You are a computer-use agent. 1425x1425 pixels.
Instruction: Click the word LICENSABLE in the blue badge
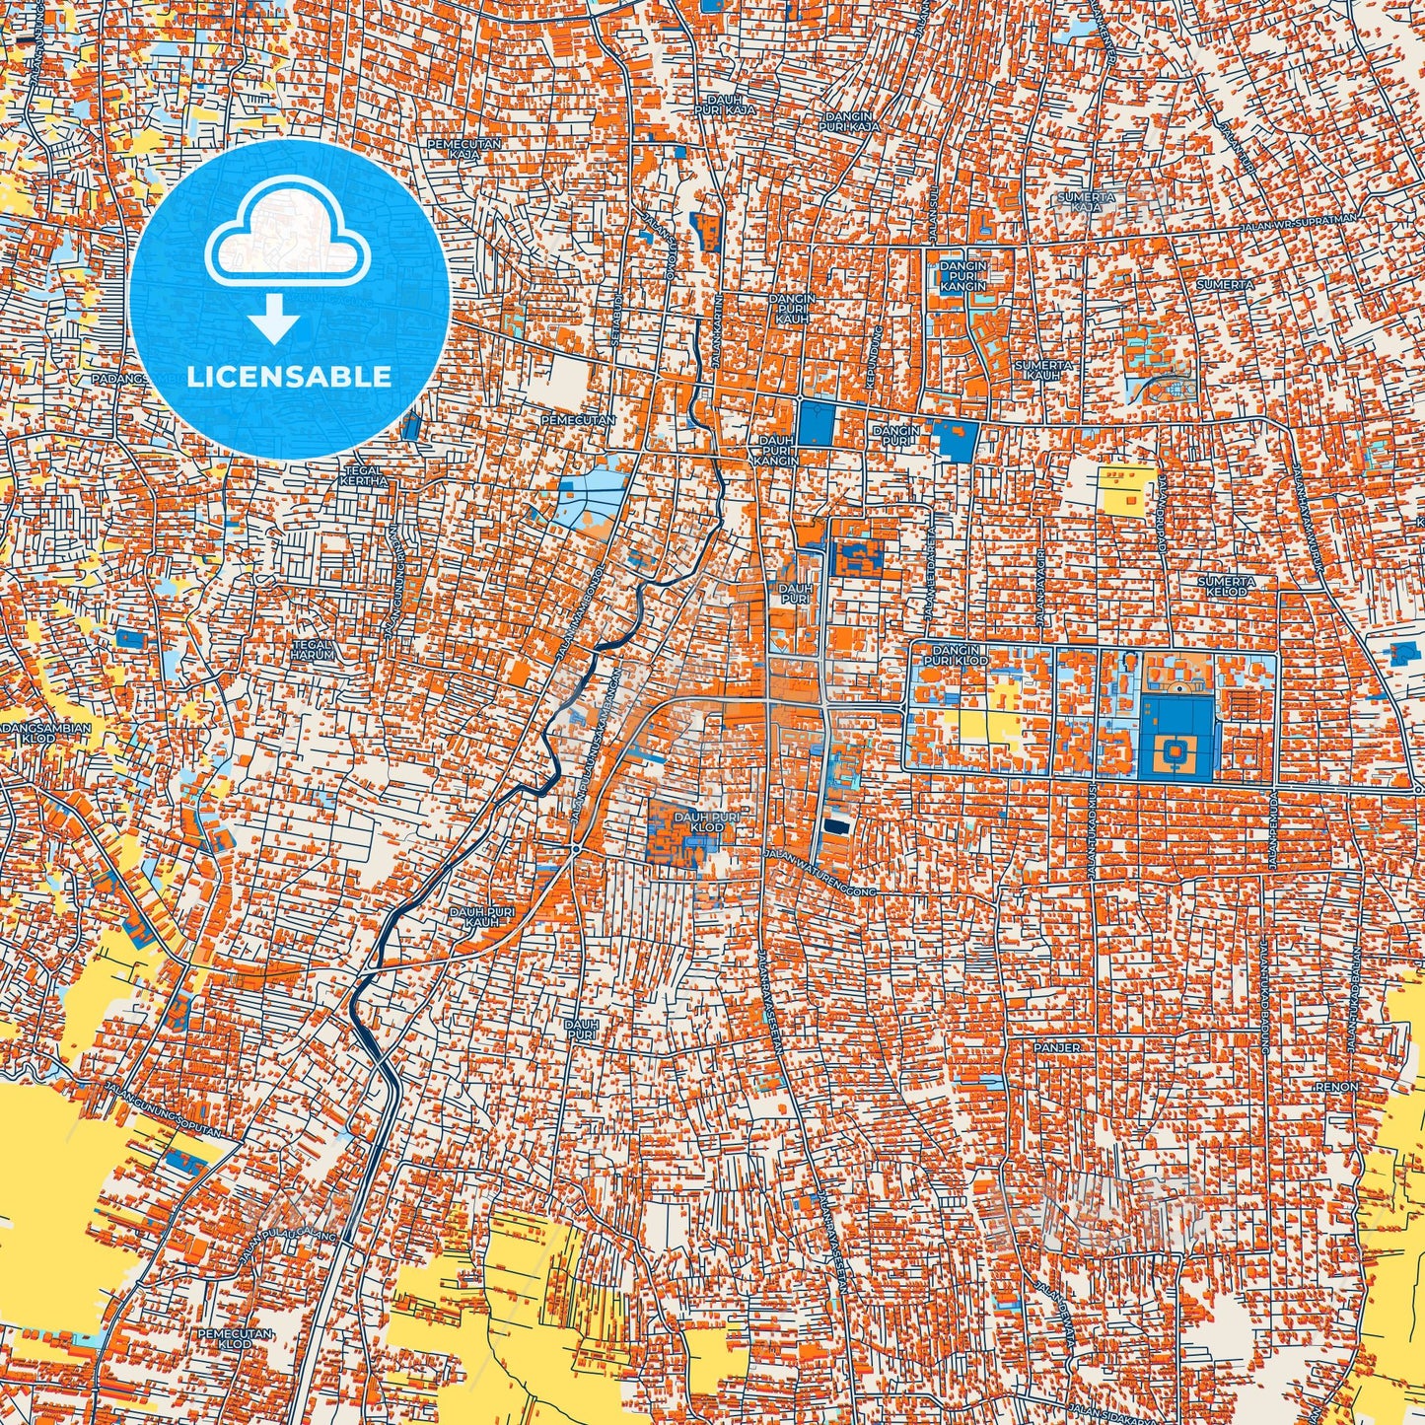pos(290,377)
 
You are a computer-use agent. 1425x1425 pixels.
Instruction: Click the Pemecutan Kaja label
pos(463,148)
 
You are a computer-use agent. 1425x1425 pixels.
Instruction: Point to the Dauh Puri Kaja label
pos(731,105)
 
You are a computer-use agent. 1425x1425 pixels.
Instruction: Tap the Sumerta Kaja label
pos(1085,202)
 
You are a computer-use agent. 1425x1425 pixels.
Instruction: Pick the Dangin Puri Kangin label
pos(963,276)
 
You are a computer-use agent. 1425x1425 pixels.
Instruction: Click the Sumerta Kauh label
pos(1042,370)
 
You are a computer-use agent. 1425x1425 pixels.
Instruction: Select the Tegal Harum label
pos(312,649)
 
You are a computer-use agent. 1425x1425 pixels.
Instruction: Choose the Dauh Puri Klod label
pos(698,821)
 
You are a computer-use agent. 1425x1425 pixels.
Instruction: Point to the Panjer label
pos(1057,1046)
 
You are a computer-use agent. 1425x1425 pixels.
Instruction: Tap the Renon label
pos(1336,1087)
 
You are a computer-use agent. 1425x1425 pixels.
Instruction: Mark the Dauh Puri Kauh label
pos(482,918)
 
